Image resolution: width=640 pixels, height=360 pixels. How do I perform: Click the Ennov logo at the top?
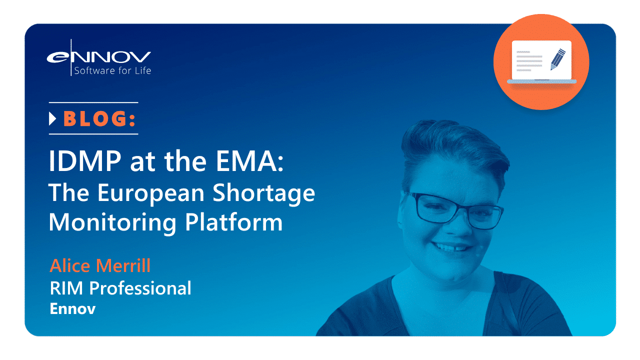click(99, 57)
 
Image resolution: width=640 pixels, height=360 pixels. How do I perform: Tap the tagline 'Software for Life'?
click(112, 70)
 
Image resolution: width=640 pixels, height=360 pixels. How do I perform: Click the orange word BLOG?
click(95, 118)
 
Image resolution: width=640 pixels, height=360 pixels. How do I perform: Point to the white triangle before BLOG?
click(52, 118)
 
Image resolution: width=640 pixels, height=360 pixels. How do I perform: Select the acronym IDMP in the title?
click(85, 160)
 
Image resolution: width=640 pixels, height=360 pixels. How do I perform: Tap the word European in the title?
click(151, 193)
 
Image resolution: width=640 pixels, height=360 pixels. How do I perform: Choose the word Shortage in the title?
click(263, 193)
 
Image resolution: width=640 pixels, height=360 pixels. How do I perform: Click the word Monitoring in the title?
click(112, 223)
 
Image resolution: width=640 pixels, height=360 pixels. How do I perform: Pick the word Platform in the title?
click(234, 221)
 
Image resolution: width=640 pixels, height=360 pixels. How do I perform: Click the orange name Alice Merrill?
click(100, 265)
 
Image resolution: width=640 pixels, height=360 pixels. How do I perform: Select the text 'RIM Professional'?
click(120, 288)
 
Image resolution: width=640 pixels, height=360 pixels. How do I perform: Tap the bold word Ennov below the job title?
click(73, 309)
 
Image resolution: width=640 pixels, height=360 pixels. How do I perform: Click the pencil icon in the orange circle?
click(557, 59)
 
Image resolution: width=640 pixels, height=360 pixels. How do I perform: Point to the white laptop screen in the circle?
click(541, 60)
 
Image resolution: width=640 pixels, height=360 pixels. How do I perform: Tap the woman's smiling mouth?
click(451, 247)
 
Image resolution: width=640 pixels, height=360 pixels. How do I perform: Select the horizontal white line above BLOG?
click(93, 102)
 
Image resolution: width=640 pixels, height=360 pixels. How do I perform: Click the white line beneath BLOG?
click(93, 133)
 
